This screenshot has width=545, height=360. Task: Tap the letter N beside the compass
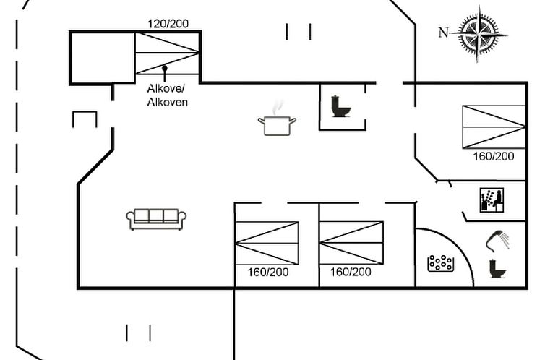coord(444,32)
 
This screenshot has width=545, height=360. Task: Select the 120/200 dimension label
coord(168,24)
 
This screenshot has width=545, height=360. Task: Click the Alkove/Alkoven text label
coord(168,95)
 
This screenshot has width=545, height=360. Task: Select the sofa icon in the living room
coord(156,219)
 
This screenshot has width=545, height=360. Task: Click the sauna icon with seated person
coord(492,200)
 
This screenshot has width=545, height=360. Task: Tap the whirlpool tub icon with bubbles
coord(440,264)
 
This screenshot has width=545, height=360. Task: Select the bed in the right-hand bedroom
coord(494,127)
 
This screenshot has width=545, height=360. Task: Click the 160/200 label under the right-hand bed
coord(494,156)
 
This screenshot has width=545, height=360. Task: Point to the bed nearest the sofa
coord(267,243)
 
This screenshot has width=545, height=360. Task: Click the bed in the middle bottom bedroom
coord(351,243)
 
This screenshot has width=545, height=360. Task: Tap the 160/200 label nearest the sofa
coord(267,273)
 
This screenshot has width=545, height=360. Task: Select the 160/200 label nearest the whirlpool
coord(351,273)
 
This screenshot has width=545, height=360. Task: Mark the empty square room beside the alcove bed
coord(102,56)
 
